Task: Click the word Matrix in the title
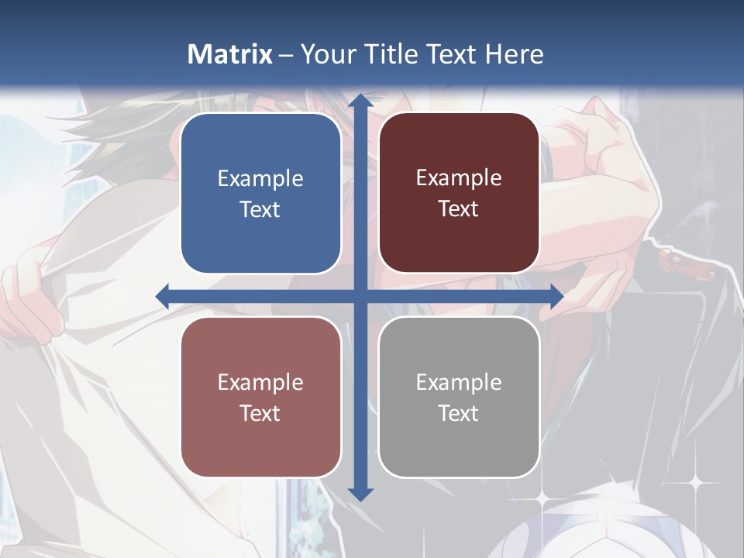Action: click(x=230, y=53)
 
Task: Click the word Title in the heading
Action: click(x=401, y=53)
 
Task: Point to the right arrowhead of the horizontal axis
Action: click(x=556, y=296)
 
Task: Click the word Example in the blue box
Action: click(x=260, y=179)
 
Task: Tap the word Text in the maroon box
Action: click(x=459, y=209)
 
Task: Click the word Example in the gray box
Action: click(x=459, y=382)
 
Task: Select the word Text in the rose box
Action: click(x=260, y=413)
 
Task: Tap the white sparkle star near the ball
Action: click(x=695, y=483)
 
